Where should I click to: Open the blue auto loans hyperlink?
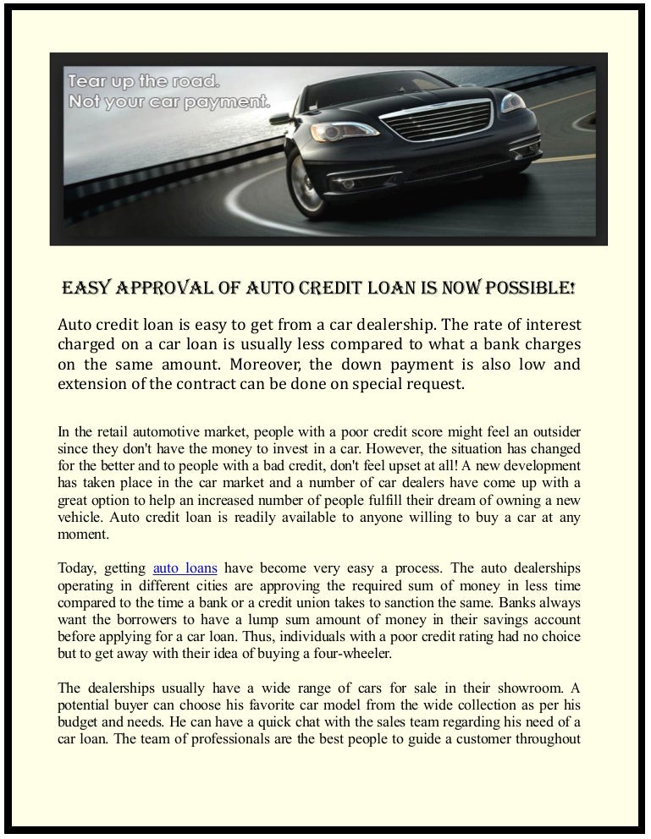(184, 568)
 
